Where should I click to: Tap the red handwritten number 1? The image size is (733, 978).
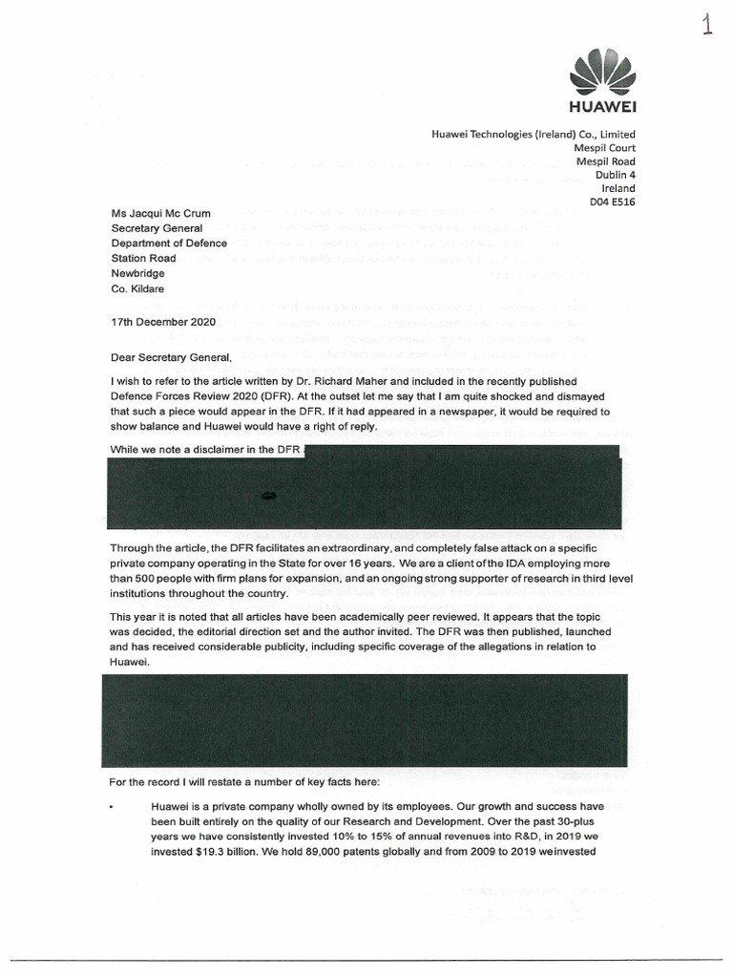coord(707,25)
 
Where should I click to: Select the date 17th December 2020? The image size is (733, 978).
coord(164,322)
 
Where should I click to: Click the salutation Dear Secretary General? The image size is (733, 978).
coord(172,357)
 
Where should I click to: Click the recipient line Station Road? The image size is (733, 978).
coord(144,258)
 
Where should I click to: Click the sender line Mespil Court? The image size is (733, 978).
coord(604,148)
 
